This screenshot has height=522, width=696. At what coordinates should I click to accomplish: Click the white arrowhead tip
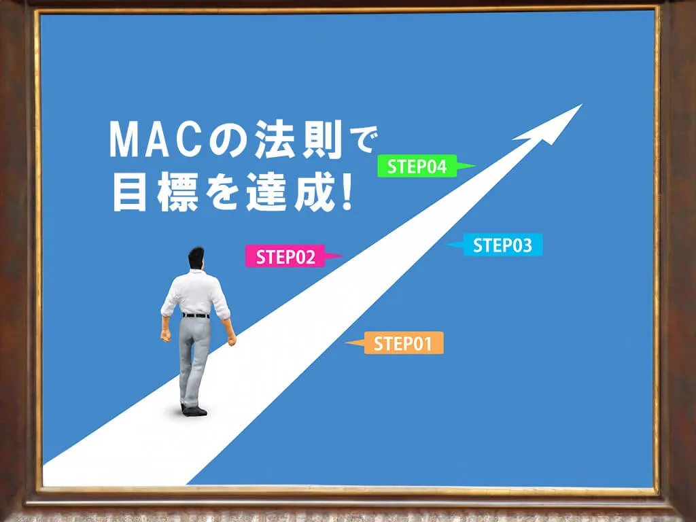(582, 105)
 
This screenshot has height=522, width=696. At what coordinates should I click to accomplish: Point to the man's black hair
(196, 256)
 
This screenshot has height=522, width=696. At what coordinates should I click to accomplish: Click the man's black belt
(196, 315)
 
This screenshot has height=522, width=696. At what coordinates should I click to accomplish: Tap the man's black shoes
(194, 411)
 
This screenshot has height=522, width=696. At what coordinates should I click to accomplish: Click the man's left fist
(166, 336)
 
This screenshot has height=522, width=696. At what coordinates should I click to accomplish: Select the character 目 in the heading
(130, 192)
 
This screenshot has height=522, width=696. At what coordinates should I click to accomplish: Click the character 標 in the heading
(177, 192)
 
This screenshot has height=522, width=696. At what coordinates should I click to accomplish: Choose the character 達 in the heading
(268, 192)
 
